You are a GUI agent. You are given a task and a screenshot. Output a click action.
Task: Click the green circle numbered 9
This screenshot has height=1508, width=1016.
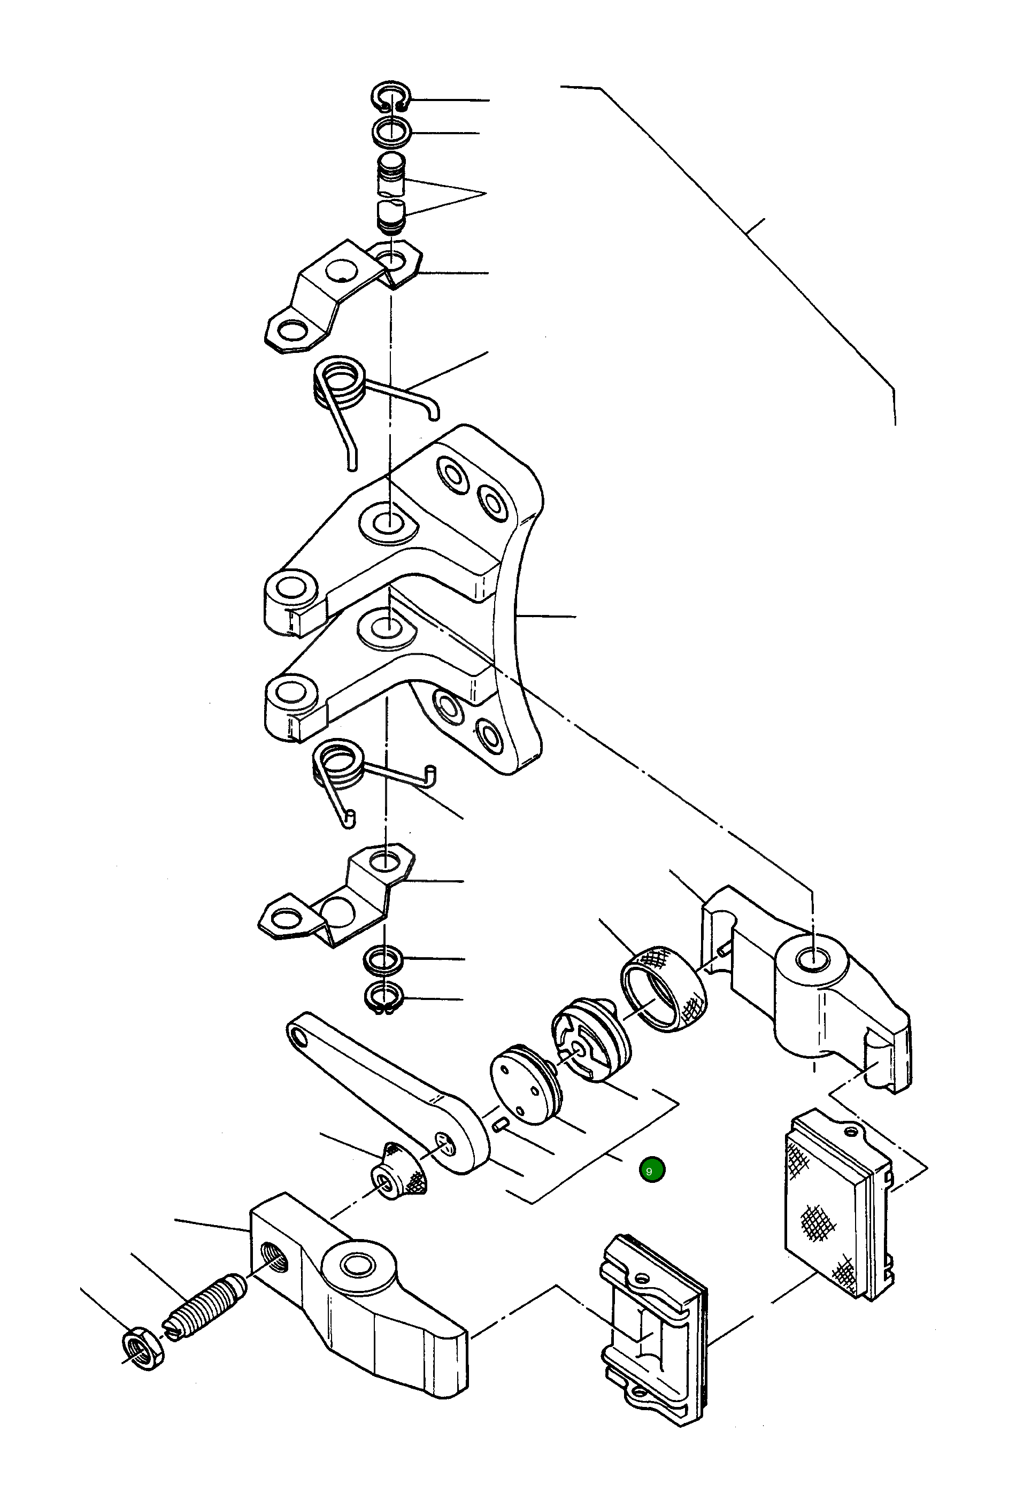pyautogui.click(x=651, y=1170)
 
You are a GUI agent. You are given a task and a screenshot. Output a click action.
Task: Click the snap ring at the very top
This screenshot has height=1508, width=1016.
pyautogui.click(x=391, y=97)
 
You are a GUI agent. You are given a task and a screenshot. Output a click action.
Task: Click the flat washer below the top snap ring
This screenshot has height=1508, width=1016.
pyautogui.click(x=391, y=132)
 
